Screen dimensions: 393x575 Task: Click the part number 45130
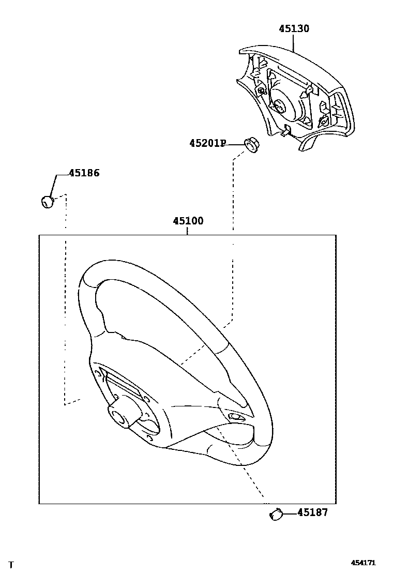[294, 29]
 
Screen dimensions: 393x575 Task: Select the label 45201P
[207, 143]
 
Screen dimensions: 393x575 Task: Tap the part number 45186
[84, 173]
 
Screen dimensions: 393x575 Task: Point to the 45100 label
[188, 221]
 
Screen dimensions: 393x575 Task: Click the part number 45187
[312, 513]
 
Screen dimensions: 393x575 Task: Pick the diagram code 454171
[364, 563]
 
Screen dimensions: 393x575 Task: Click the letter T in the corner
[11, 565]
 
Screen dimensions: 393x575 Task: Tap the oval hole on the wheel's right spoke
[236, 417]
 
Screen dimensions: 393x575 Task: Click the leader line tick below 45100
[188, 231]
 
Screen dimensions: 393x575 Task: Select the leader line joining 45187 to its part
[290, 513]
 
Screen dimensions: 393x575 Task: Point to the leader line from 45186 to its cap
[54, 184]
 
